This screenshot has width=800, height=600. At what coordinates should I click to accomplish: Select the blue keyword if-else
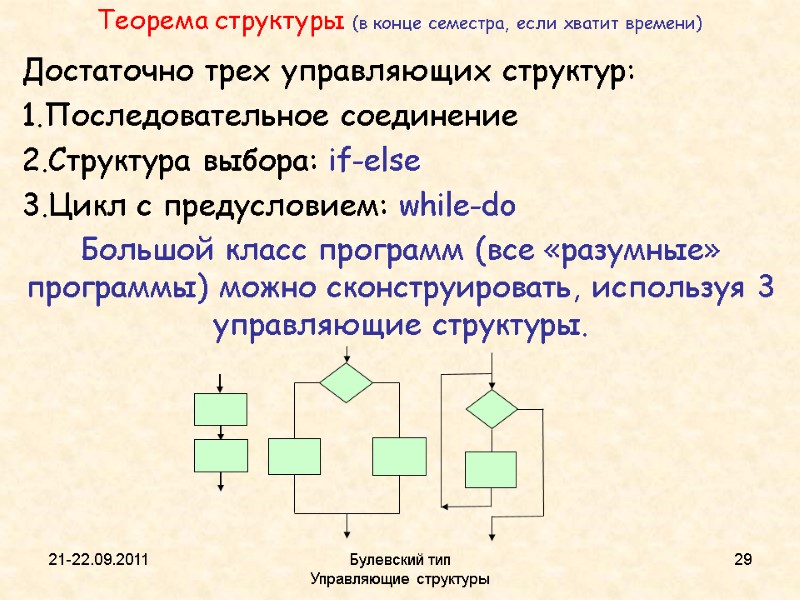375,162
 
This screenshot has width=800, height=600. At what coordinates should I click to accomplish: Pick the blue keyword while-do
457,207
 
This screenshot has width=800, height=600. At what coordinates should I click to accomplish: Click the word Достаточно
92,73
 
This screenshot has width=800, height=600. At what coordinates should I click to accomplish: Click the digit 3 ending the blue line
765,288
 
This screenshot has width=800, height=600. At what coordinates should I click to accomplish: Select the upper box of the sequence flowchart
220,409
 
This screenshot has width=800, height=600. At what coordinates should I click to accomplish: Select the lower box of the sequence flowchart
220,455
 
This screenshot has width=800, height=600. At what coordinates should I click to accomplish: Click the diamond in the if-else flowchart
346,382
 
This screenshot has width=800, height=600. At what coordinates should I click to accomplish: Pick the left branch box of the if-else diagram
294,456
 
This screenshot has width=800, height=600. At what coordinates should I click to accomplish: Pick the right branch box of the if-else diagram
399,456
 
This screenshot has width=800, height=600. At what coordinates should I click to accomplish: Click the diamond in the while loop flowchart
491,409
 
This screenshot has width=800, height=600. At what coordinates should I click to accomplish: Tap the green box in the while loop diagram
490,469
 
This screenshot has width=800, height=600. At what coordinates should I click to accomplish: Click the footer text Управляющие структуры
400,579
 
